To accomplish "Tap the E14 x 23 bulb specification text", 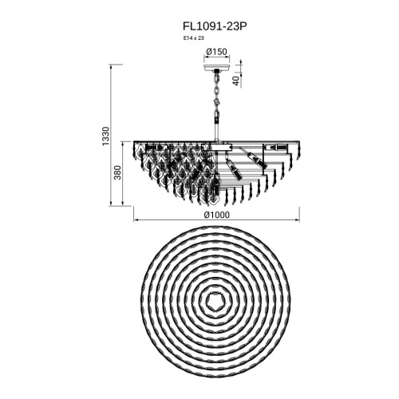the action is pos(193,38).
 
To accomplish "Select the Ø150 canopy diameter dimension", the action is pos(217,52).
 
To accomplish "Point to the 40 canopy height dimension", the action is pos(235,81).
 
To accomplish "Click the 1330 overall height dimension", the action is pos(105,136).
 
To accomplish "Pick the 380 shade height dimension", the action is pos(117,172).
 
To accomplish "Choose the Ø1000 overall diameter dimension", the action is pos(217,215).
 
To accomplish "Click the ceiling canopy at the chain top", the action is pos(217,67).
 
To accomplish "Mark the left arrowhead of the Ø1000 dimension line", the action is pos(135,220).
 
